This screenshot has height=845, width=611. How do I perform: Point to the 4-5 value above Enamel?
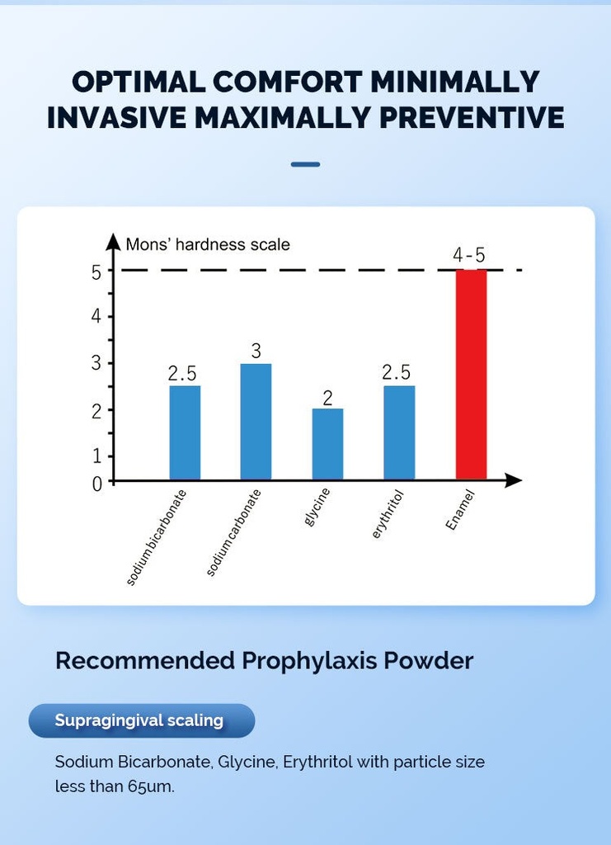point(469,255)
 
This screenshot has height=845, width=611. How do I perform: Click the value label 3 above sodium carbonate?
point(256,350)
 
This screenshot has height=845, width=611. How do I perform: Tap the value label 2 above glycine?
point(327,398)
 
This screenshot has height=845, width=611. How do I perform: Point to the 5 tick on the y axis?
point(96,271)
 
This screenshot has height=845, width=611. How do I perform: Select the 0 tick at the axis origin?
point(96,484)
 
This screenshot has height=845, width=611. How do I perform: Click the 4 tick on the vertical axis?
point(96,317)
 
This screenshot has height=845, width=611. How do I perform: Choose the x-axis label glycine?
point(317,508)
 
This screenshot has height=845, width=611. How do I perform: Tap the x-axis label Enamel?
point(460,510)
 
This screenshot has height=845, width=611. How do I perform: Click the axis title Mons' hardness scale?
point(208,244)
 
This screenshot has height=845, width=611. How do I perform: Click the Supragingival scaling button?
point(141,720)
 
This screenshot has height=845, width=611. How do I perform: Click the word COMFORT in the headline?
point(287,82)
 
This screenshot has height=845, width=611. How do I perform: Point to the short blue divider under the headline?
point(305,164)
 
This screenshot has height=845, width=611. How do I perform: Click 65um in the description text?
point(151,786)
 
